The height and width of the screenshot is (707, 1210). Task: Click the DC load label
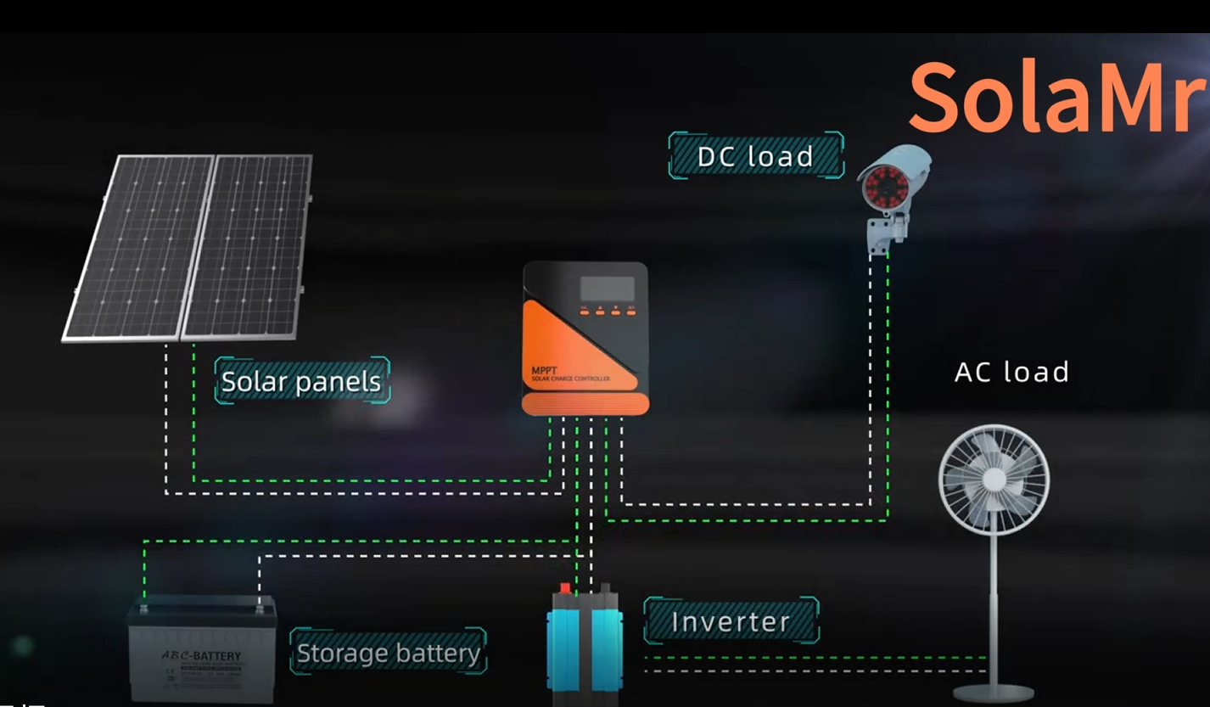[755, 156]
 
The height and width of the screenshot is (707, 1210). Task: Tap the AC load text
[1011, 372]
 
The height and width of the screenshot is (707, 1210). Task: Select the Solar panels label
[301, 381]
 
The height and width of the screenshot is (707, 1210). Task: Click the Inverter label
[731, 621]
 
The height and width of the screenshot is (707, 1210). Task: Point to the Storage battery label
[388, 653]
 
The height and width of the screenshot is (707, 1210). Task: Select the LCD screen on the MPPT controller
[607, 289]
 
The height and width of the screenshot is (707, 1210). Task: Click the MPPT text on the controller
[544, 371]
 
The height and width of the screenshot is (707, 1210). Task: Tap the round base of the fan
[993, 693]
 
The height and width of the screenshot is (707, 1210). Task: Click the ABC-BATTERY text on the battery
[202, 656]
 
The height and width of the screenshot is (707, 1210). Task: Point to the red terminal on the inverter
[565, 588]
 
